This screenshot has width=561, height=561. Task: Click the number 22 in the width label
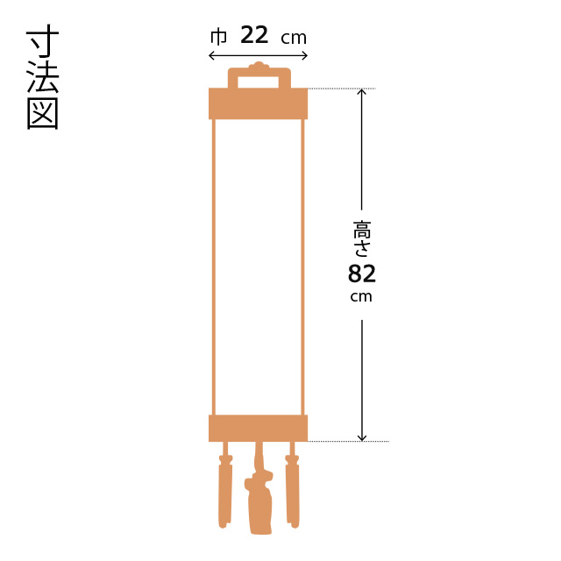(254, 35)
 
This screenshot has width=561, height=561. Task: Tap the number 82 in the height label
(362, 274)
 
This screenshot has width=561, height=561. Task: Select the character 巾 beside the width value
(218, 37)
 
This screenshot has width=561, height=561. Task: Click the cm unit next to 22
(294, 39)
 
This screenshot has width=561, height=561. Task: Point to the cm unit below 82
(361, 297)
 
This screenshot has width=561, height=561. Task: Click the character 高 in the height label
(362, 230)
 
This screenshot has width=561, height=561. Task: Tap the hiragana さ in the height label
(362, 248)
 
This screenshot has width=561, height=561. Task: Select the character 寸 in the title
(43, 41)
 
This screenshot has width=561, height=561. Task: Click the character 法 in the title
(43, 77)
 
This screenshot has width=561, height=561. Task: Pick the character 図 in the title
(43, 113)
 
